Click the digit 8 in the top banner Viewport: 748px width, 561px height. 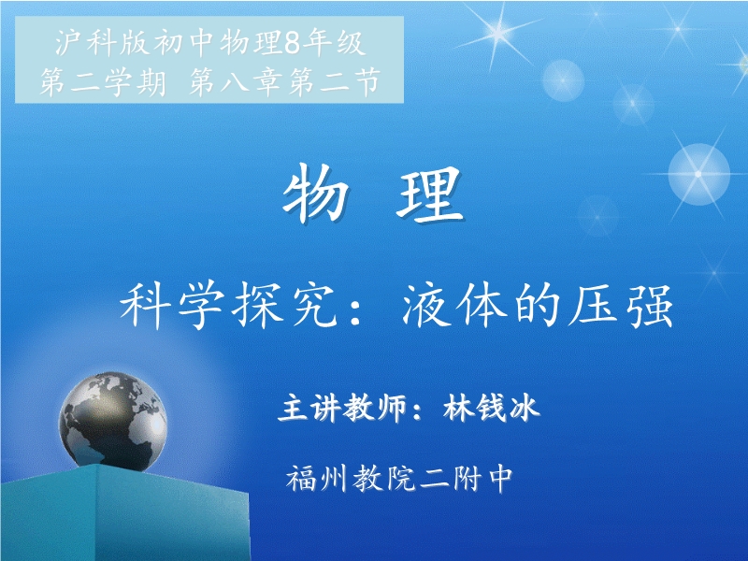(x=294, y=43)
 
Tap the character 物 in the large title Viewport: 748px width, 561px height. (x=314, y=194)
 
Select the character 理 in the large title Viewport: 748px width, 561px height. (x=430, y=194)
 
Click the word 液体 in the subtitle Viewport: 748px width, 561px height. (x=453, y=305)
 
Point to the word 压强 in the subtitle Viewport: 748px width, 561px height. (x=621, y=306)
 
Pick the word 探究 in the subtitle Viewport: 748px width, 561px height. (x=287, y=305)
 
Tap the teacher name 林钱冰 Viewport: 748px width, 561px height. (x=492, y=408)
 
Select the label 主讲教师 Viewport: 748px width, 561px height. (x=342, y=408)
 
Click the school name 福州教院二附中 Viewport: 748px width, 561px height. (x=400, y=478)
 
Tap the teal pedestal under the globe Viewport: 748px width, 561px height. (x=124, y=512)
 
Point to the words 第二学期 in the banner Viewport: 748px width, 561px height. (x=104, y=81)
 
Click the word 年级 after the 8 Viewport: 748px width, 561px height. (x=336, y=43)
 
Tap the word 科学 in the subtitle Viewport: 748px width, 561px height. (x=173, y=305)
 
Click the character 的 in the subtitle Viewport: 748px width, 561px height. (x=538, y=306)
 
